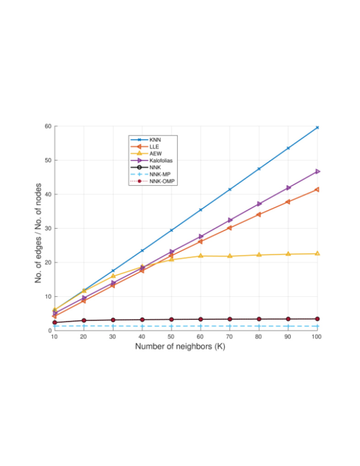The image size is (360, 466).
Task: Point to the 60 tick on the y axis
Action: pyautogui.click(x=47, y=126)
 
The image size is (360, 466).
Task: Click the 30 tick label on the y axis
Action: pyautogui.click(x=47, y=229)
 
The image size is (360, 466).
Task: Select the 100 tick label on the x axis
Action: pyautogui.click(x=316, y=337)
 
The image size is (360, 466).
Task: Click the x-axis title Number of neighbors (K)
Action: pyautogui.click(x=180, y=346)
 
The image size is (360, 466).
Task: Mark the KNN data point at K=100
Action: pyautogui.click(x=317, y=127)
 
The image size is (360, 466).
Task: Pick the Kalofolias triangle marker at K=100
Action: pyautogui.click(x=317, y=171)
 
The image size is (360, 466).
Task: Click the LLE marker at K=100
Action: pyautogui.click(x=317, y=189)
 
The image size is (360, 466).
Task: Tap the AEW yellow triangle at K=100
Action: pyautogui.click(x=317, y=253)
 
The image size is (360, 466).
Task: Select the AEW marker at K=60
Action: pyautogui.click(x=201, y=256)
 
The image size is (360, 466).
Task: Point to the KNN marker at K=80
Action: pyautogui.click(x=259, y=169)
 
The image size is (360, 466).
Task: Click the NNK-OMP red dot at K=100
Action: pyautogui.click(x=317, y=318)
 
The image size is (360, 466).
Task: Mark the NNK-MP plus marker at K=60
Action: pyautogui.click(x=201, y=326)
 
